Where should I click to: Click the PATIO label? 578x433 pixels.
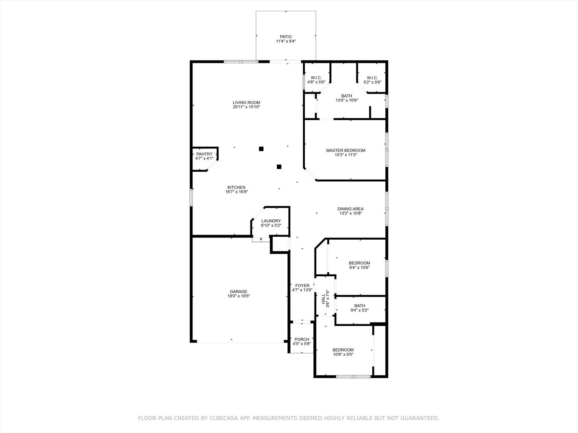(286, 37)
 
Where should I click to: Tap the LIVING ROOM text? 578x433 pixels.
(246, 103)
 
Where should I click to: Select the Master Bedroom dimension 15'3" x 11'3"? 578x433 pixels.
(346, 155)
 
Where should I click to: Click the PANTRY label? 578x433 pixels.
(204, 154)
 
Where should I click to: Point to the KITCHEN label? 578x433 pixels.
(236, 187)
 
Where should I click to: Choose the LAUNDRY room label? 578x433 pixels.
(271, 221)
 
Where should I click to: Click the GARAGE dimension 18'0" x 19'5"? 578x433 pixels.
(238, 296)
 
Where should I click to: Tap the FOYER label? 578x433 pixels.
(302, 286)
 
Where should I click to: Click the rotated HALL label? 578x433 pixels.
(323, 299)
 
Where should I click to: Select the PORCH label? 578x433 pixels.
(302, 339)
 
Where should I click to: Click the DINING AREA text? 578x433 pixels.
(350, 209)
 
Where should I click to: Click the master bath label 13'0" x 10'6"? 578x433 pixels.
(346, 100)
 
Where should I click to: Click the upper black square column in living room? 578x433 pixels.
(261, 149)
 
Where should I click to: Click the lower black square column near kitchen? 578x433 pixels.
(279, 167)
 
